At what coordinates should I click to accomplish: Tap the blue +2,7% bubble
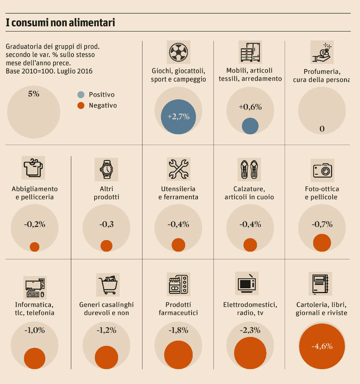(178, 117)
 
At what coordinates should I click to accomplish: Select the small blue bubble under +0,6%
(250, 126)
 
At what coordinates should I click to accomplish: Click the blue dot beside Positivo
(81, 95)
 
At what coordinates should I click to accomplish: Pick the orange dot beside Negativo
(81, 106)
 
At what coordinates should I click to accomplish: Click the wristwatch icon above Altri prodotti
(106, 169)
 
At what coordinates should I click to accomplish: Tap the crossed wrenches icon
(179, 169)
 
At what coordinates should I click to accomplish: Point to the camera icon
(322, 170)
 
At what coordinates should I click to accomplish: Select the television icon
(246, 283)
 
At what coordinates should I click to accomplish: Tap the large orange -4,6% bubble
(322, 347)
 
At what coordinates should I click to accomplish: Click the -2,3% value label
(250, 330)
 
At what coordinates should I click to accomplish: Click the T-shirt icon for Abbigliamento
(33, 168)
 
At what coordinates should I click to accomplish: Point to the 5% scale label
(33, 94)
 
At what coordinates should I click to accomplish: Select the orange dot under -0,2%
(35, 247)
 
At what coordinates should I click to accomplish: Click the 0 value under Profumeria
(322, 129)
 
